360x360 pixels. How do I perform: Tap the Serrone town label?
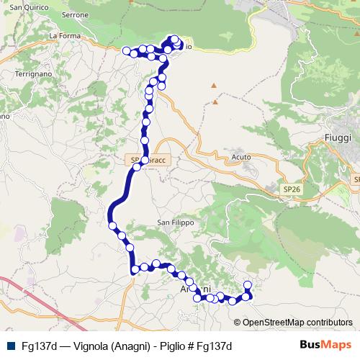pos(76,14)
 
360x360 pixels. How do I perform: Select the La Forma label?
pos(63,35)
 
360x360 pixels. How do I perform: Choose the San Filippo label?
pos(176,223)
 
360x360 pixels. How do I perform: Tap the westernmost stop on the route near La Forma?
pos(127,50)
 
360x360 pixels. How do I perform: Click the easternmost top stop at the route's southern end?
pos(248,285)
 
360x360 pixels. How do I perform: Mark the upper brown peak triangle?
pos(214,86)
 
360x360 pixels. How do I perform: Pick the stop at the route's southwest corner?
pos(135,270)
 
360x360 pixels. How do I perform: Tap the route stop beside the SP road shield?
pos(145,159)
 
